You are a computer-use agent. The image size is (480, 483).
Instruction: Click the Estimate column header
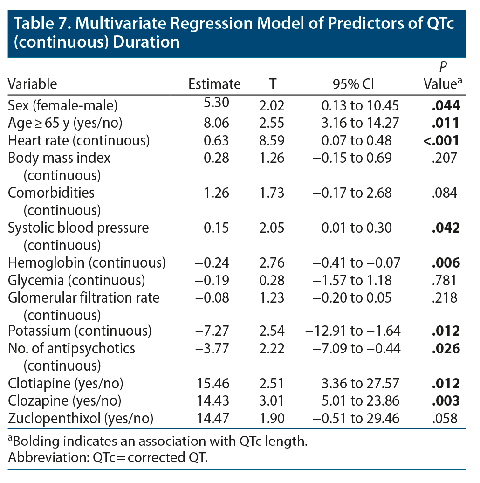pos(214,84)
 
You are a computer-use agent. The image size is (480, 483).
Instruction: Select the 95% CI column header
pos(353,84)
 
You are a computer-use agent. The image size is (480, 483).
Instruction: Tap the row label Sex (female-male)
pos(63,106)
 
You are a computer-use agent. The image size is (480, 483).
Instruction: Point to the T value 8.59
pos(271,140)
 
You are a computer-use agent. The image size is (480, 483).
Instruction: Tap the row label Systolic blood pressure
pos(78,228)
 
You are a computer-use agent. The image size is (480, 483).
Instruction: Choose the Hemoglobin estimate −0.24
pos(212,263)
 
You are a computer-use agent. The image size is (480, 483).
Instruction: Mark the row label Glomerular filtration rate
pos(84,297)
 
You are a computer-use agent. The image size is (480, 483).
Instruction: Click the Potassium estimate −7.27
pos(212,331)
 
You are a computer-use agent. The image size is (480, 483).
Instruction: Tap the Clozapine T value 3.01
pos(271,401)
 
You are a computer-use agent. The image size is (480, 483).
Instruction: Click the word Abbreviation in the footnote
pos(40,457)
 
